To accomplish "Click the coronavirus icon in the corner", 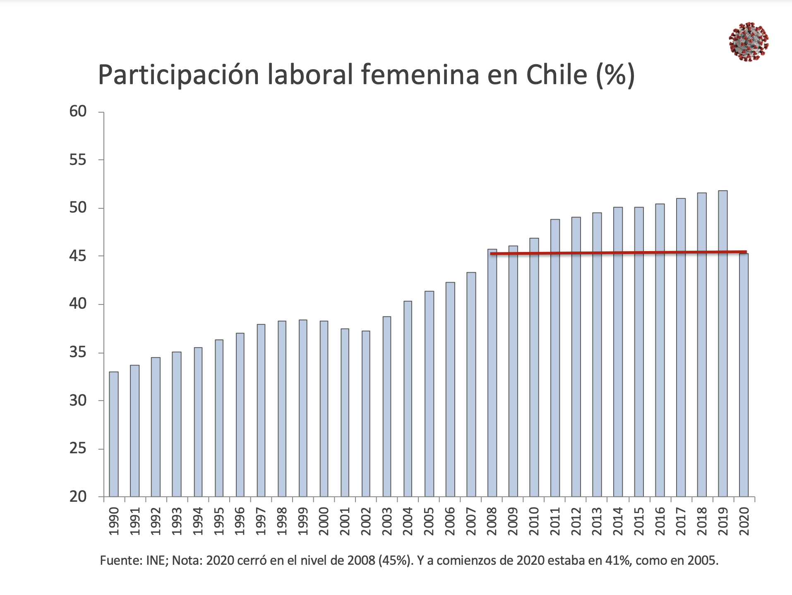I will pos(749,42).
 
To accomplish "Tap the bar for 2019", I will pos(722,344).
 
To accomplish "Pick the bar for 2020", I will pos(744,375).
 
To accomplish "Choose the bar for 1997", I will pos(261,410).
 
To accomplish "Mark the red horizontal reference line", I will pos(618,253).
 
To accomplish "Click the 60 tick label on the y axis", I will pos(78,111).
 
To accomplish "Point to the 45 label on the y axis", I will pos(78,256).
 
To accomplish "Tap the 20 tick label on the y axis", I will pos(78,496).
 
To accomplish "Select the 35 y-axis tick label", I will pos(78,353).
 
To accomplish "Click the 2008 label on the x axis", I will pos(492,521).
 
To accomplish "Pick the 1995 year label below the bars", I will pos(219,521).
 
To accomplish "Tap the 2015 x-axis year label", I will pos(639,521).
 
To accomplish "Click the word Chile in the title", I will pos(556,75).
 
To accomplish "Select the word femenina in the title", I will pos(420,75).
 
